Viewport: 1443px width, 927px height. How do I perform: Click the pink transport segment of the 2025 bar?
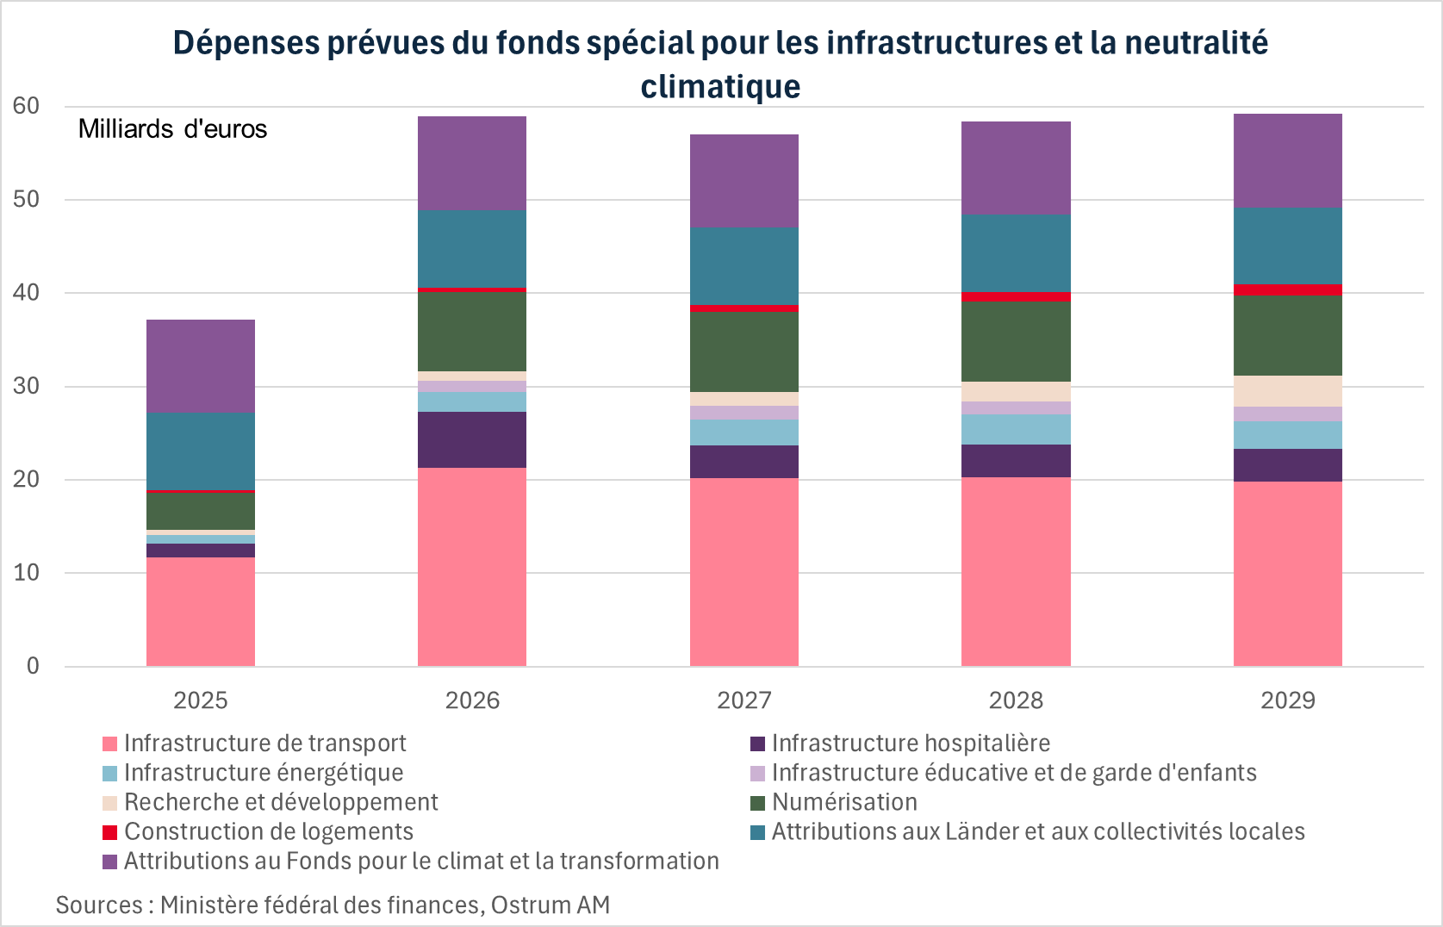(200, 612)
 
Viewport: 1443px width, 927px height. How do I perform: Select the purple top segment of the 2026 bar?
(471, 163)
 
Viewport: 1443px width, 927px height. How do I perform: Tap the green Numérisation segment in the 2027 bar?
(743, 352)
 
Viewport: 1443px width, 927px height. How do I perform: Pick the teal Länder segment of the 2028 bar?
(1016, 253)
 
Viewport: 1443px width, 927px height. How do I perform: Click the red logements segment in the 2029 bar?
(1287, 289)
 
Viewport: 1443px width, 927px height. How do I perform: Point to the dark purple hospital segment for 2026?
(471, 439)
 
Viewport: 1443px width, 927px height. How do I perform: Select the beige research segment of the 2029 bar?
(1287, 390)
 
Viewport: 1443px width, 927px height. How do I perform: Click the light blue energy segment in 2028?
(1016, 429)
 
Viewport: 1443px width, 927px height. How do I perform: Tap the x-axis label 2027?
(743, 700)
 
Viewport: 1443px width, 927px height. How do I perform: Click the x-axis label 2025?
(200, 700)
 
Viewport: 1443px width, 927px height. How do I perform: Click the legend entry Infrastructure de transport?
(264, 743)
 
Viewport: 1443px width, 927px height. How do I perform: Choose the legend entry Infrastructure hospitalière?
(910, 743)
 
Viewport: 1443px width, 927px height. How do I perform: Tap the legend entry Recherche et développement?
(281, 802)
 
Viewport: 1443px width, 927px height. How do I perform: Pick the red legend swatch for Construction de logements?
(109, 832)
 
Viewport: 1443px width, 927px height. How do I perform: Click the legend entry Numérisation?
(843, 802)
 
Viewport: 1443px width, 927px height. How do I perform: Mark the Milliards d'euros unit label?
(172, 129)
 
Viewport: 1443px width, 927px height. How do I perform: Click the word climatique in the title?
(720, 86)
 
